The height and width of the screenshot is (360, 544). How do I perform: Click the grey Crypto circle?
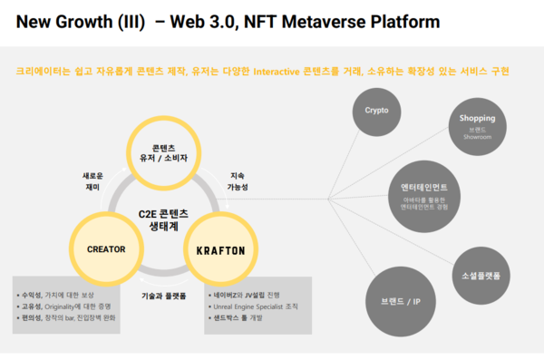(376, 110)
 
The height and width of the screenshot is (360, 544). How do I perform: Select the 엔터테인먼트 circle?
(419, 193)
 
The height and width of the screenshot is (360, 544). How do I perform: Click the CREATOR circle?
(106, 248)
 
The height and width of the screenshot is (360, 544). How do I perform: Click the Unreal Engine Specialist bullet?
(258, 307)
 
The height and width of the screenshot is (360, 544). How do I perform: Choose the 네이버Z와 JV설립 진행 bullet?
(249, 296)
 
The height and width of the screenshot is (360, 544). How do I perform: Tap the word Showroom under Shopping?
(477, 136)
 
